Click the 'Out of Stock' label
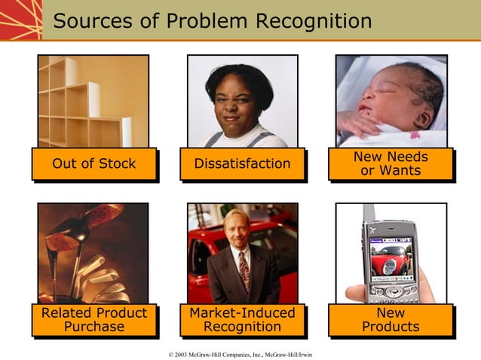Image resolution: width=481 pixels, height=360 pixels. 94,164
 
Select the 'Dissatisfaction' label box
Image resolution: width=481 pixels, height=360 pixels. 242,164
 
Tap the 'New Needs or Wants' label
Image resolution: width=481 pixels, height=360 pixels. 391,164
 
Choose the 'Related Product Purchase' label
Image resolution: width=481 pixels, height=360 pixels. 94,320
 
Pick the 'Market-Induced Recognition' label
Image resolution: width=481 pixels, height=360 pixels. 242,320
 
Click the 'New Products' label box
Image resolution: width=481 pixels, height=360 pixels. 391,320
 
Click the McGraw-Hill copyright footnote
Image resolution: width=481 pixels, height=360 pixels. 241,354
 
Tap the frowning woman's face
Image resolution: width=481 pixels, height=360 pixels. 240,98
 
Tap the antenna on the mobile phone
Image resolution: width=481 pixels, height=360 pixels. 368,214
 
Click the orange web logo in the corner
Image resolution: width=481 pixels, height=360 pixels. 20,20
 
